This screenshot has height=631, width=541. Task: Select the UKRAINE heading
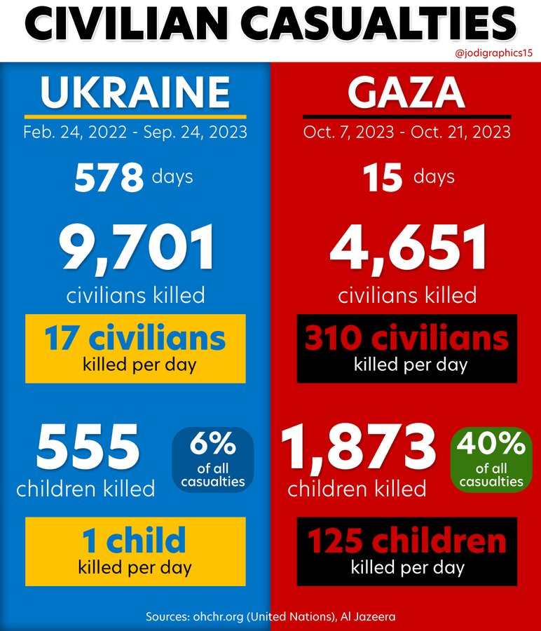tap(135, 91)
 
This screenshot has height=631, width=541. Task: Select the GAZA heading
tap(406, 91)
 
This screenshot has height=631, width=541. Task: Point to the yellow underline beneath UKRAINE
tap(135, 116)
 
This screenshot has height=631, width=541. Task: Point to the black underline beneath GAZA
tap(406, 116)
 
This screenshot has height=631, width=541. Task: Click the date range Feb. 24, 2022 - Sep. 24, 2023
tap(135, 132)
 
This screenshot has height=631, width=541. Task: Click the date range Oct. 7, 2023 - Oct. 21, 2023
tap(406, 132)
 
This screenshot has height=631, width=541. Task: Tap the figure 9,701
tap(135, 249)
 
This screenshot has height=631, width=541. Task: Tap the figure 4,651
tap(407, 249)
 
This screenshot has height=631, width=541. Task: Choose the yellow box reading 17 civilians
tap(135, 348)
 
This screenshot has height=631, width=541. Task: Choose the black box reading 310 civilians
tap(407, 348)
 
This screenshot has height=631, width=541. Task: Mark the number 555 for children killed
tap(88, 449)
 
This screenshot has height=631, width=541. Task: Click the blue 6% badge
tap(212, 459)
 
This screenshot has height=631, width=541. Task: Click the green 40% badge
tap(491, 459)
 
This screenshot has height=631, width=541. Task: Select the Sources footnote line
tap(270, 616)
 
